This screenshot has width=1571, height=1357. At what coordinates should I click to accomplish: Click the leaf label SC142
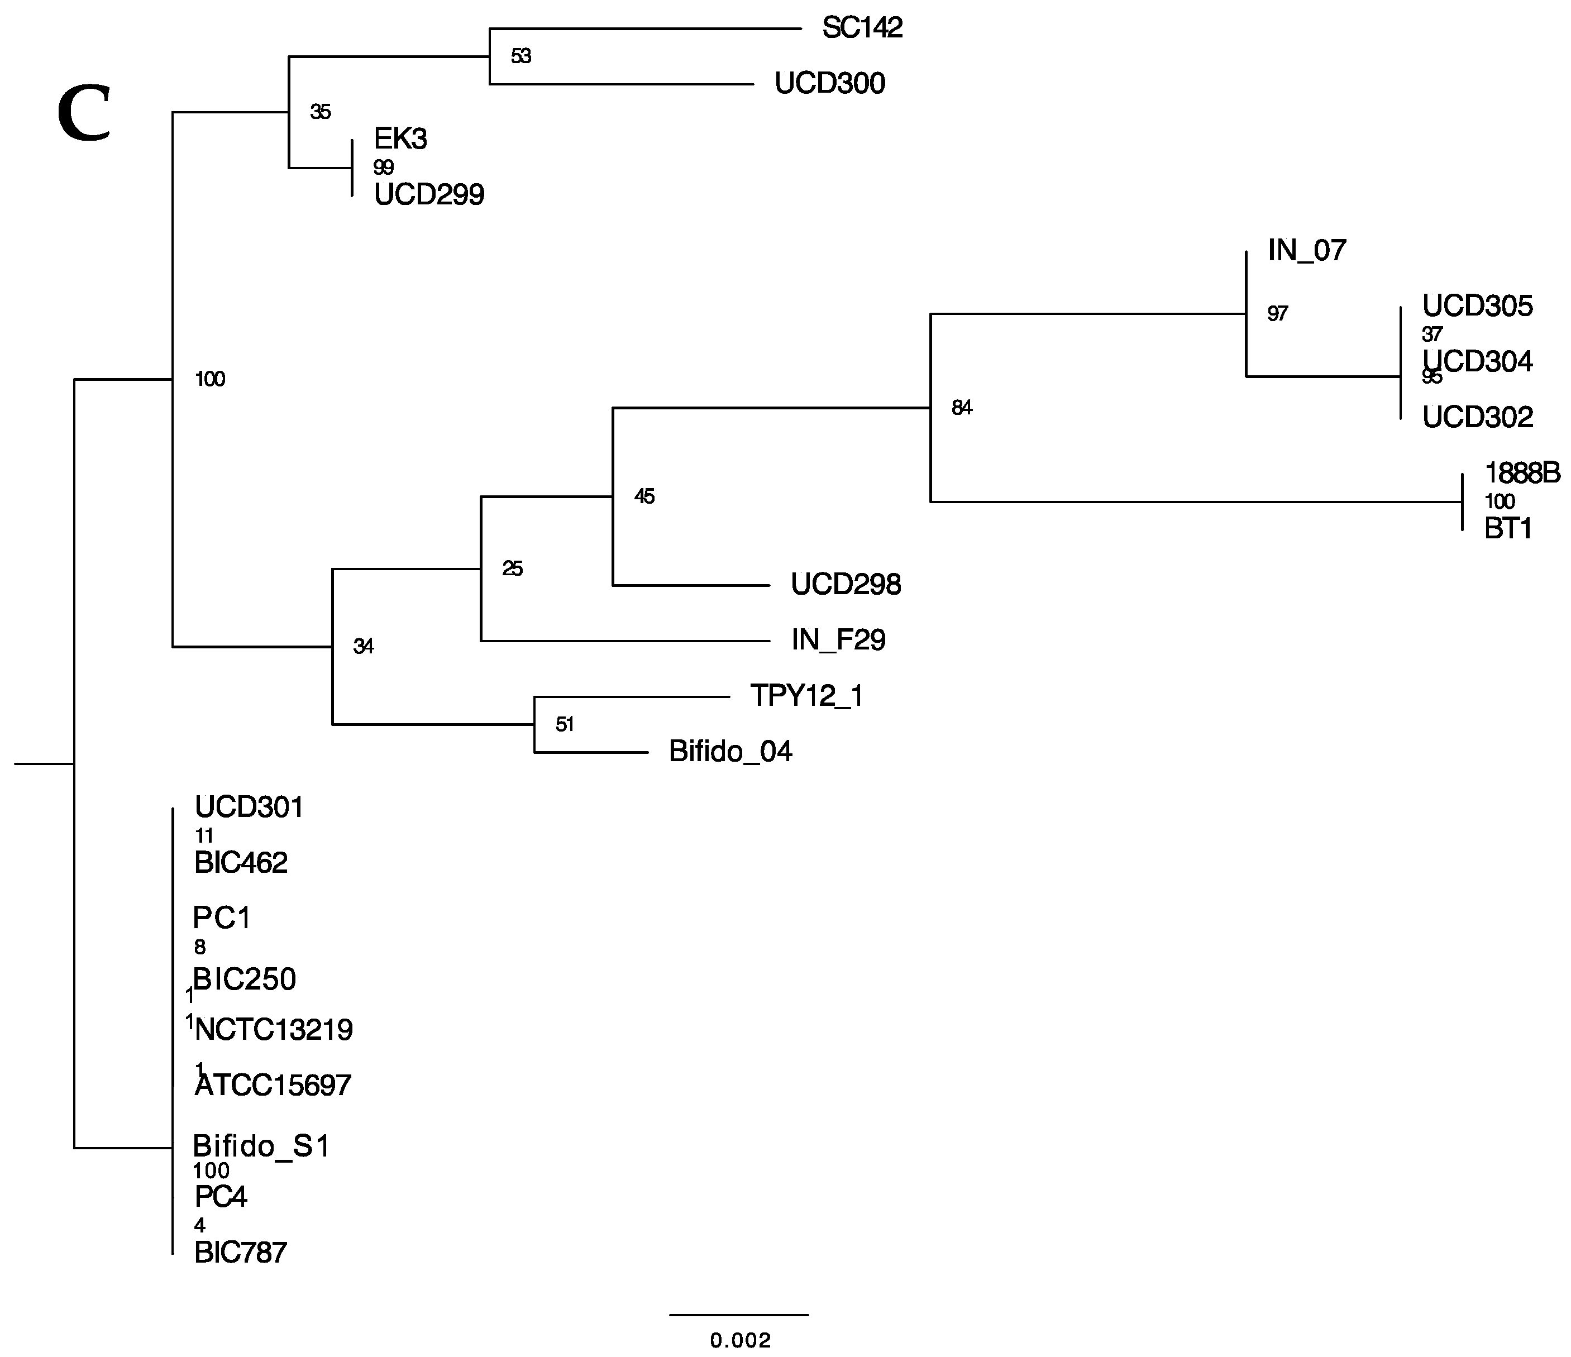(862, 28)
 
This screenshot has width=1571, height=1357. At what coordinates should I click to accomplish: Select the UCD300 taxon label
(829, 83)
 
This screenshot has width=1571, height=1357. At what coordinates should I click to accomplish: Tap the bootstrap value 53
(521, 56)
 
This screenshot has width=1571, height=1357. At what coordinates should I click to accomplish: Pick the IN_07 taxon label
(1306, 251)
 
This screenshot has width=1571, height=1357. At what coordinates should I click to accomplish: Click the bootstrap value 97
(1278, 314)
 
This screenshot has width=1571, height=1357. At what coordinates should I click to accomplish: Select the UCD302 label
(1477, 418)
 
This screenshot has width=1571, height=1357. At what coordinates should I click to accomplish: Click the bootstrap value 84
(961, 408)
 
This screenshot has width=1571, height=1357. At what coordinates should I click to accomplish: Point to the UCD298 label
(846, 585)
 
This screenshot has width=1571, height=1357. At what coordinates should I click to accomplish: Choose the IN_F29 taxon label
(838, 641)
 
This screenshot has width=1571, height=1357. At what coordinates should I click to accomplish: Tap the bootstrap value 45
(644, 496)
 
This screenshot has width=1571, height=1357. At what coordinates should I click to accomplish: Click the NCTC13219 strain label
(274, 1030)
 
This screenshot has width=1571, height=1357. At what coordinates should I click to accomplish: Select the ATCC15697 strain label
(272, 1086)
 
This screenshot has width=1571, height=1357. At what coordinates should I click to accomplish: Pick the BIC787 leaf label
(240, 1253)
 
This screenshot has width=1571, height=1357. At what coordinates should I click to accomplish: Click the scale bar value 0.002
(740, 1341)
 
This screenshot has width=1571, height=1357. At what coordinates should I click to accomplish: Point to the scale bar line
(739, 1315)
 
